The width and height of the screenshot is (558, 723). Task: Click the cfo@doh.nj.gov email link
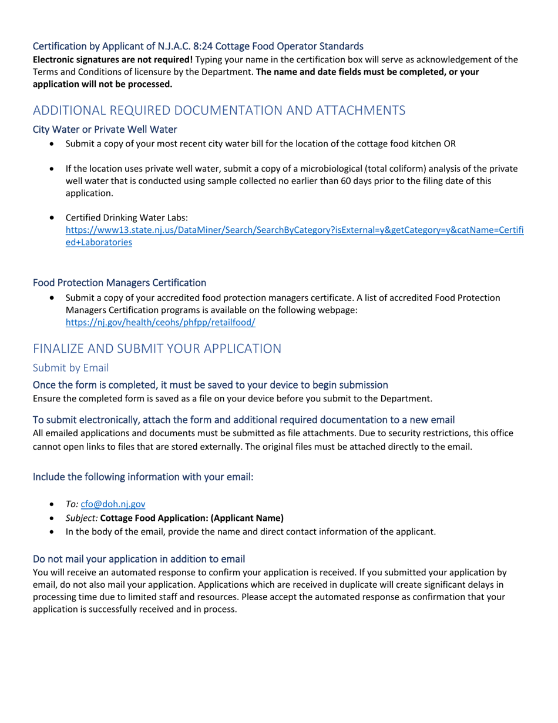(x=113, y=504)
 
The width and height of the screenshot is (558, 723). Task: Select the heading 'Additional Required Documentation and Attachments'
(x=219, y=110)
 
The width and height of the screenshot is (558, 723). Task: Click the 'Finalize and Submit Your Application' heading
(x=157, y=348)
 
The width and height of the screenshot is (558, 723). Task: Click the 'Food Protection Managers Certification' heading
(x=119, y=283)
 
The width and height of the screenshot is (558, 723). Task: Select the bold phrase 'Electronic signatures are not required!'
(x=112, y=59)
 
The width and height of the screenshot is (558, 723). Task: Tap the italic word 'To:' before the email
(x=72, y=504)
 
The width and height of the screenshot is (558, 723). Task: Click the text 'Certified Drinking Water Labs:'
(x=126, y=217)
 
